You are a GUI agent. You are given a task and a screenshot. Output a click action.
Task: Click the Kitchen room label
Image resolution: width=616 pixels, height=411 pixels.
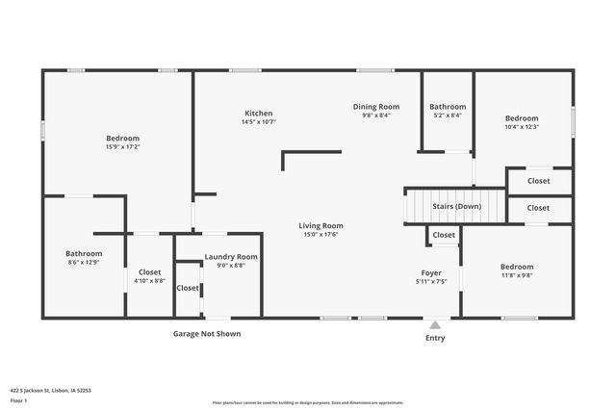[x=258, y=113]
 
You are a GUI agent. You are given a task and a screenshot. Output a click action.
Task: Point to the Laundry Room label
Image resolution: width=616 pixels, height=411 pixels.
[x=231, y=257]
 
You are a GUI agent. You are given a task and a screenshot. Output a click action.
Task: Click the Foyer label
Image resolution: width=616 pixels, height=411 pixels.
[x=431, y=272]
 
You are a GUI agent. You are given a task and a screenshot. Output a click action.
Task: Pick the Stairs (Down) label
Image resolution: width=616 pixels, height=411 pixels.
[x=456, y=206]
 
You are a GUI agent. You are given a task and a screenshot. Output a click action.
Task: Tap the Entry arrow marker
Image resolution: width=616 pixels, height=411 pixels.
[x=435, y=324]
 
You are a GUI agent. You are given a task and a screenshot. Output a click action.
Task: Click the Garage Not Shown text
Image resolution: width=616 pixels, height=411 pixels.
[x=207, y=334]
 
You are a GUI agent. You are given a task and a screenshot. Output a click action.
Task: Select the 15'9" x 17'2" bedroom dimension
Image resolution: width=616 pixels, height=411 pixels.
[x=122, y=147]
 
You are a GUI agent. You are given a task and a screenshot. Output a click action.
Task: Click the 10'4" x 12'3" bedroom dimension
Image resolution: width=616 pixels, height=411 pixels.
[x=522, y=126]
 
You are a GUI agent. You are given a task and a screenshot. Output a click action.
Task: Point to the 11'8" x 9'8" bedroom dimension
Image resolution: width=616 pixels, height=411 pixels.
[x=516, y=275]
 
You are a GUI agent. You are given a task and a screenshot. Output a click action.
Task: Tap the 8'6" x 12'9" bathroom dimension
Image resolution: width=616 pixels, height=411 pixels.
[x=83, y=262]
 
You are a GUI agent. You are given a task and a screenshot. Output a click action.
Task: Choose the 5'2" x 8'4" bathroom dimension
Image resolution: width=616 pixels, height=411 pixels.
[x=448, y=116]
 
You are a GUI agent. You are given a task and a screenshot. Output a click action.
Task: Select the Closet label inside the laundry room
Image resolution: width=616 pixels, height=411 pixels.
[x=188, y=288]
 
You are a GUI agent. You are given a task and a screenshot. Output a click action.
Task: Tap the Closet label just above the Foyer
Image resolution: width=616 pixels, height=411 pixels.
[x=444, y=235]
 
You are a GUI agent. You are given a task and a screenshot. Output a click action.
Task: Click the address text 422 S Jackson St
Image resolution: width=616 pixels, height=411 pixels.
[x=49, y=391]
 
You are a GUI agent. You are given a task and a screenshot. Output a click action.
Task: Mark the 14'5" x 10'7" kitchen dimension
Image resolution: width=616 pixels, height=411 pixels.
[x=258, y=122]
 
